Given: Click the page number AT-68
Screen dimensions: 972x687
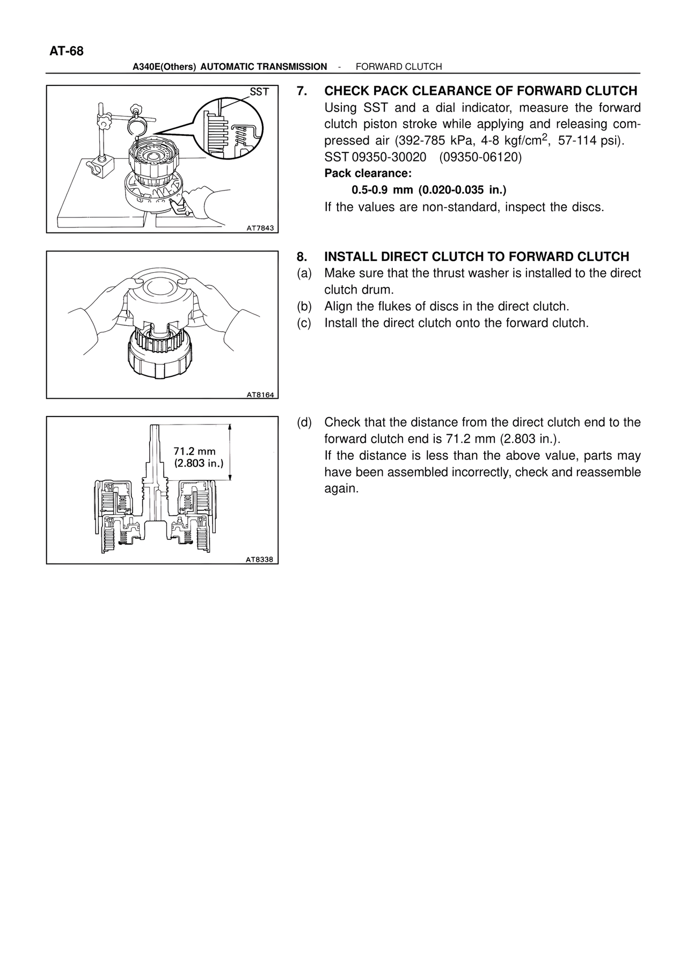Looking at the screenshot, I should coord(67,52).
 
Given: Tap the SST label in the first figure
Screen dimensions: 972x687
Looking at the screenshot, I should coord(259,92).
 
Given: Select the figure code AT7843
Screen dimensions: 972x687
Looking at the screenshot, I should coord(260,228).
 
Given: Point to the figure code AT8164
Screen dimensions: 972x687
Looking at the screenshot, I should coord(260,395).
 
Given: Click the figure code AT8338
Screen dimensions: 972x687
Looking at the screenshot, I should coord(259,560).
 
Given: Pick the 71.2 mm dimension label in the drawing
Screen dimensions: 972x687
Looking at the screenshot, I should coord(194,452).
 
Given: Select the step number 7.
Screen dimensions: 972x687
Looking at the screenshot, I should coord(302,91).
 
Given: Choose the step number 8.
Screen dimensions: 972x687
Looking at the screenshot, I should coord(302,257).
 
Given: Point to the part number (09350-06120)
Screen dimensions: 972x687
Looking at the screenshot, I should coord(480,157).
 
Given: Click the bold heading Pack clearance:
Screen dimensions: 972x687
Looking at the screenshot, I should coord(368,174).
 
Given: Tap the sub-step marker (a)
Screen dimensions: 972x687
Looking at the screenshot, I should coord(304,273).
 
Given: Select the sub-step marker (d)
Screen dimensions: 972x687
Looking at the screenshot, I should coord(304,422).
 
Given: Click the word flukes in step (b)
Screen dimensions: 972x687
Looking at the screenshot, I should coord(378,306).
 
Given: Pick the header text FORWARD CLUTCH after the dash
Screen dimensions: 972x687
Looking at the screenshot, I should coord(399,67).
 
